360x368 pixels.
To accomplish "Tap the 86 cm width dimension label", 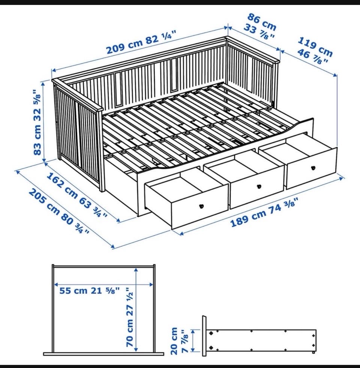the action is point(262,22).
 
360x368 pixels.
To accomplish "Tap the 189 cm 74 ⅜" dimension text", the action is point(265,212).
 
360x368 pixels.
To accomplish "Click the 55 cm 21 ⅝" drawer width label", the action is point(89,291).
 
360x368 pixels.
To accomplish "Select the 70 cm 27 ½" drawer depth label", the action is point(130,317).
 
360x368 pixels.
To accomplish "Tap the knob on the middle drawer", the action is point(259,186).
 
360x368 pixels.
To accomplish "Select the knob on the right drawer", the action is point(313,168).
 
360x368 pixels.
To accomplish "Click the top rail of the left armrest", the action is point(78,95).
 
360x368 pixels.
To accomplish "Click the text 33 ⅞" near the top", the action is point(259,31).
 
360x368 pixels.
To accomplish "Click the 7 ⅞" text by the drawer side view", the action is point(185,341).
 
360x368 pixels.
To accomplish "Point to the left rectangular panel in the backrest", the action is point(118,88).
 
